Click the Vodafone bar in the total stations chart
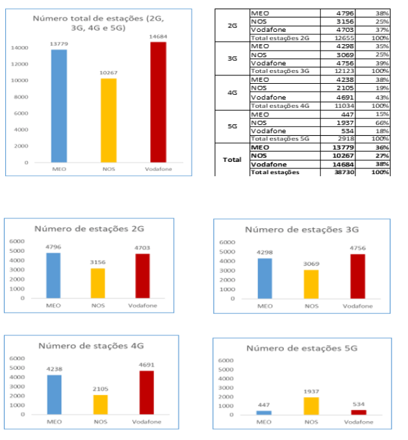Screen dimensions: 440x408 (x=158, y=102)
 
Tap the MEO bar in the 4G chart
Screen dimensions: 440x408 (x=54, y=395)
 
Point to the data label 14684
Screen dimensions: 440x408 (x=158, y=36)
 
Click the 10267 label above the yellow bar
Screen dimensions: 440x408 (x=108, y=73)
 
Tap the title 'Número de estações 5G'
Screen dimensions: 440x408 (x=302, y=348)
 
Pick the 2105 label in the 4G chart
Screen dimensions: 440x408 (x=100, y=388)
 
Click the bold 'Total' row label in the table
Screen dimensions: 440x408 (x=232, y=159)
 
